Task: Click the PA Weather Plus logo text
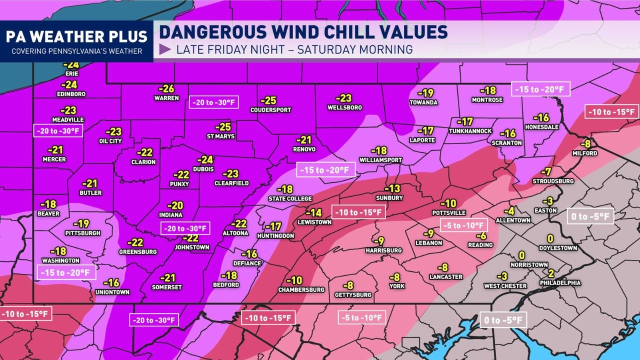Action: pyautogui.click(x=76, y=36)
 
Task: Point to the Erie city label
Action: pyautogui.click(x=72, y=73)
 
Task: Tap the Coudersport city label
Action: pyautogui.click(x=270, y=110)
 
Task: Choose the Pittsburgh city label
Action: pyautogui.click(x=82, y=233)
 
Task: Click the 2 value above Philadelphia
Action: pyautogui.click(x=550, y=273)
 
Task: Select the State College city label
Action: pyautogui.click(x=290, y=198)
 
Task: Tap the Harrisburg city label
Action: pyautogui.click(x=383, y=250)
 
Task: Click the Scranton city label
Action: pyautogui.click(x=507, y=143)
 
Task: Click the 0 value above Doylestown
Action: pyautogui.click(x=550, y=238)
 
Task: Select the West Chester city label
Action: pyautogui.click(x=505, y=286)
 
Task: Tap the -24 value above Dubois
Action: pyautogui.click(x=205, y=160)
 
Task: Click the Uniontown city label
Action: pyautogui.click(x=112, y=292)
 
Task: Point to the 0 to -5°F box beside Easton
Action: pyautogui.click(x=590, y=216)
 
